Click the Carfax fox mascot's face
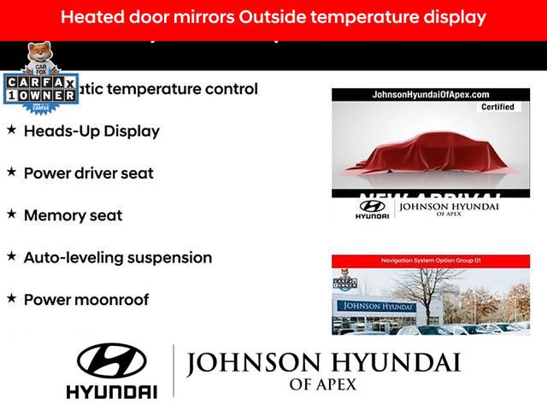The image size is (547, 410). click(x=38, y=55)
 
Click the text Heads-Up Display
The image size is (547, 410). click(x=91, y=132)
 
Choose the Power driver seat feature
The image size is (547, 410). click(x=89, y=173)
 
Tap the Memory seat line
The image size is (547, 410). click(x=73, y=215)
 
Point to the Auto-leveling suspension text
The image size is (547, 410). click(x=118, y=257)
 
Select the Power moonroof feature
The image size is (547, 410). click(x=86, y=300)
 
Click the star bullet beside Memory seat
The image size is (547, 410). click(x=11, y=214)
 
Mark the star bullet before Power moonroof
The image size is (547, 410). click(x=11, y=297)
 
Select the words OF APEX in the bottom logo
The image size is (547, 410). click(x=323, y=385)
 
